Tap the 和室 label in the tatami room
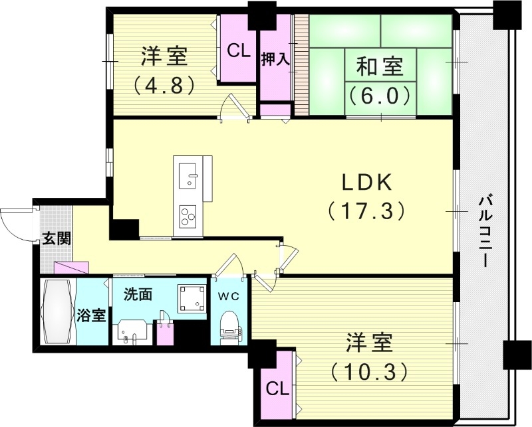pos(378,68)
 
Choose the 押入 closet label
pos(275,58)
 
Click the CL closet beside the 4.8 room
pos(238,50)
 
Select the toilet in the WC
pos(229,325)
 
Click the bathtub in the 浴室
pos(58,312)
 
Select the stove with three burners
pos(189,214)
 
